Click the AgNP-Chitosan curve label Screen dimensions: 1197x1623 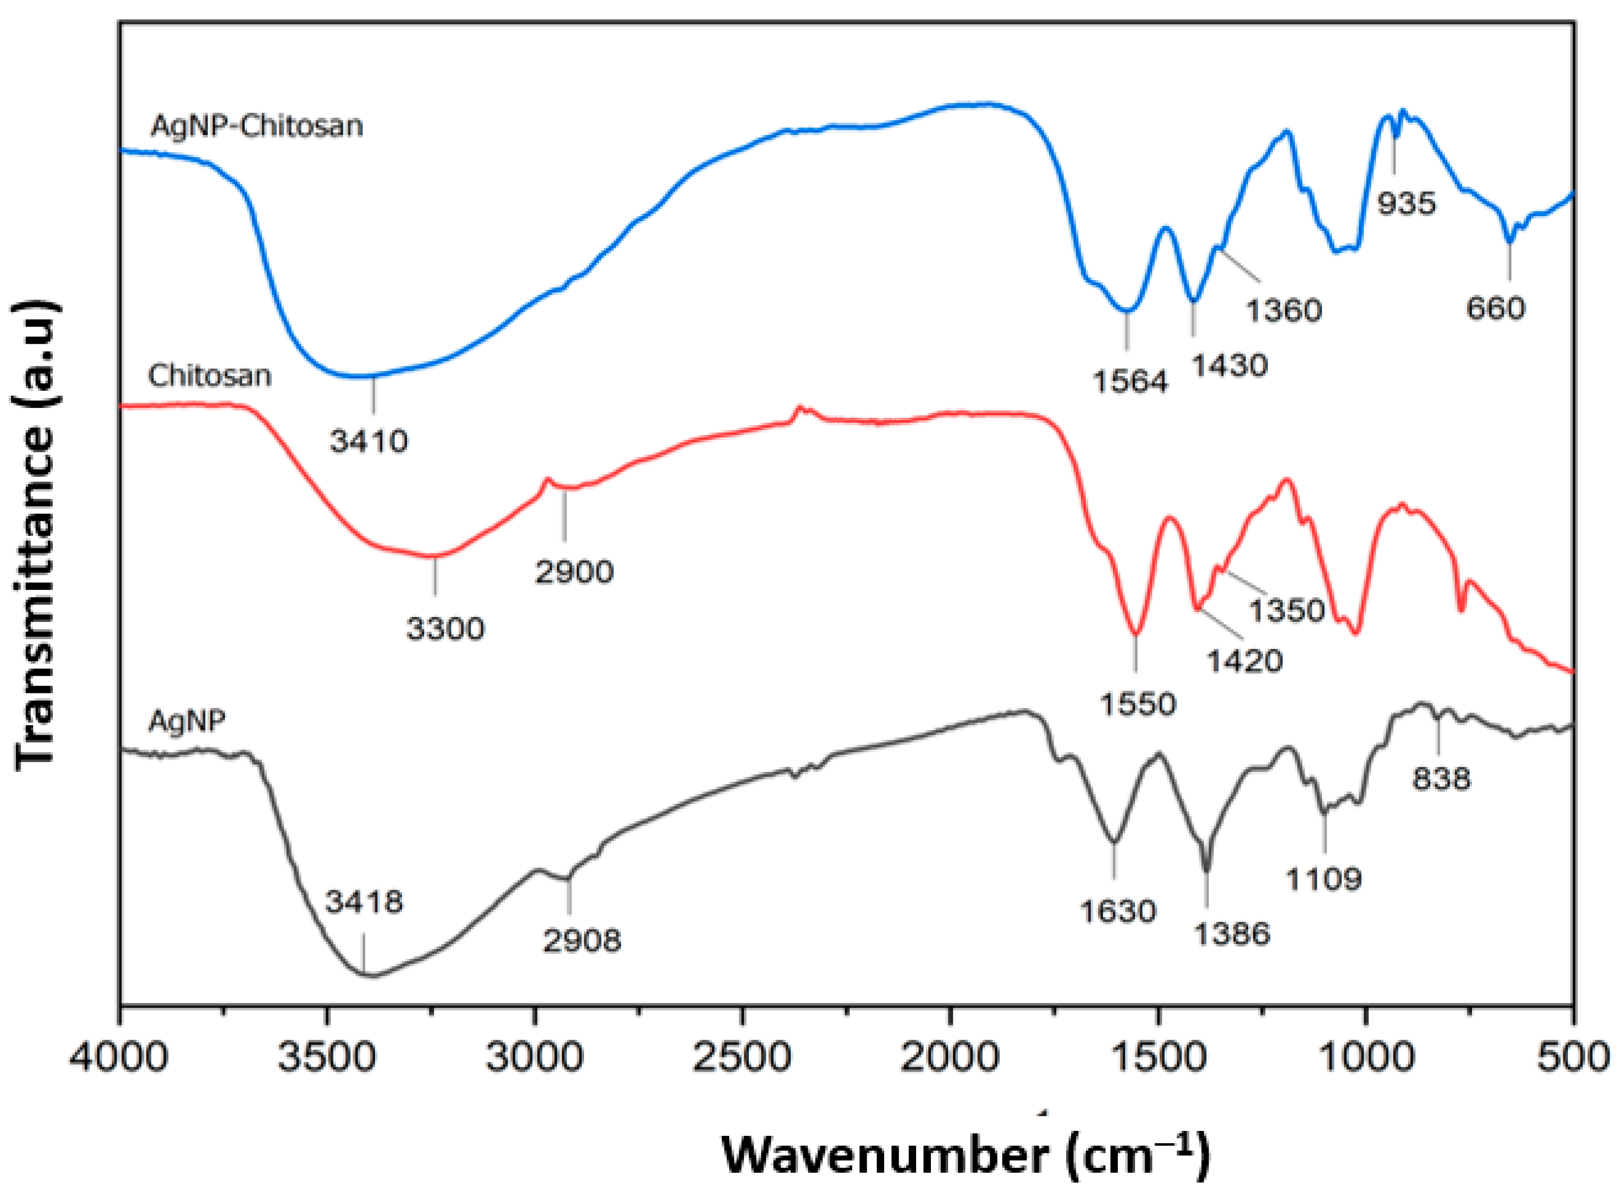tap(257, 126)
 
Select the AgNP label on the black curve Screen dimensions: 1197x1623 tap(187, 721)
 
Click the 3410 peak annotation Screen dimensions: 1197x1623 tap(369, 440)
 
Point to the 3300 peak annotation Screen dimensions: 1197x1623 tap(445, 628)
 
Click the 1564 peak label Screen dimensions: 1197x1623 tap(1130, 381)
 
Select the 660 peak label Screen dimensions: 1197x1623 tap(1496, 309)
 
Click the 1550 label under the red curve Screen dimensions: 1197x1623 tap(1138, 704)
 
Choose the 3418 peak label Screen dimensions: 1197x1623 tap(364, 902)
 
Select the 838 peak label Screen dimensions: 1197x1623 tap(1441, 779)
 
